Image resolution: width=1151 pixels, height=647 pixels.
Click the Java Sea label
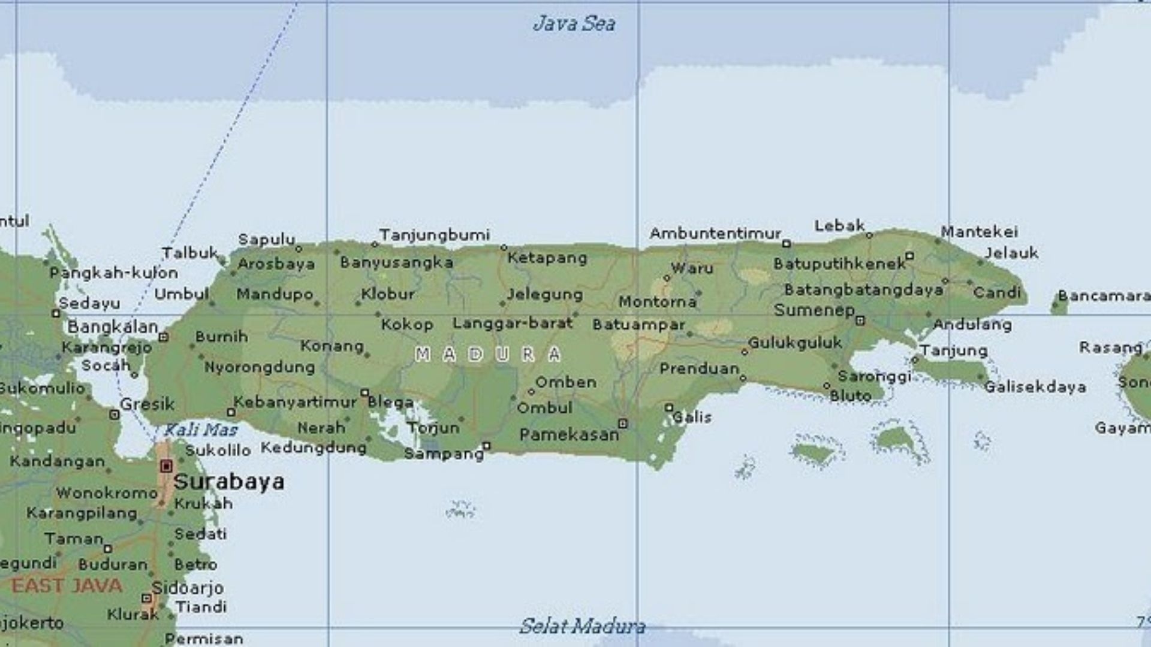[x=574, y=24]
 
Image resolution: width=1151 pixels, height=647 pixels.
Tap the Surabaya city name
[x=229, y=482]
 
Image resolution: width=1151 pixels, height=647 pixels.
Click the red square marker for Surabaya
[x=167, y=466]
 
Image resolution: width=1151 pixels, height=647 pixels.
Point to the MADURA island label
[x=488, y=355]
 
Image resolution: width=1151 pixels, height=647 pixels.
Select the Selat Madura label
[x=582, y=626]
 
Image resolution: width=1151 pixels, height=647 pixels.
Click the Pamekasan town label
[x=569, y=434]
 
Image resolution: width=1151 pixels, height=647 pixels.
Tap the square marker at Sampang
[x=487, y=446]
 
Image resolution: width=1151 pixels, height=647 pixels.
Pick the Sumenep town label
[x=814, y=310]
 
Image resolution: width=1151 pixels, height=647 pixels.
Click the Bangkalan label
[x=113, y=327]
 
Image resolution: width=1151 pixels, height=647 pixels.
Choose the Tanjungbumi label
[x=435, y=235]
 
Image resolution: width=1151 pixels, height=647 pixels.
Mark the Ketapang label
[x=547, y=258]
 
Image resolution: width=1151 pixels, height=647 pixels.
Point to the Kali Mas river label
[x=201, y=430]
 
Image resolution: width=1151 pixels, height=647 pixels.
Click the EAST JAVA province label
[x=67, y=586]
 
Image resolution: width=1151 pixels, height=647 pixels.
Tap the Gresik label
[x=147, y=404]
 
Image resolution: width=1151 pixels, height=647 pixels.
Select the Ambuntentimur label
[x=715, y=233]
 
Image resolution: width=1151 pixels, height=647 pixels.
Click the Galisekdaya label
[x=1035, y=387]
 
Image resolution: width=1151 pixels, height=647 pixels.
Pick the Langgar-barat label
[x=513, y=323]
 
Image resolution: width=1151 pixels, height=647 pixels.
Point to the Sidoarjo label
[x=188, y=588]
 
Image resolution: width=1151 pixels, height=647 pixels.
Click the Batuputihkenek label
[x=839, y=264]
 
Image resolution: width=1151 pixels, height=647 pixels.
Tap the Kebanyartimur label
[x=295, y=402]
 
